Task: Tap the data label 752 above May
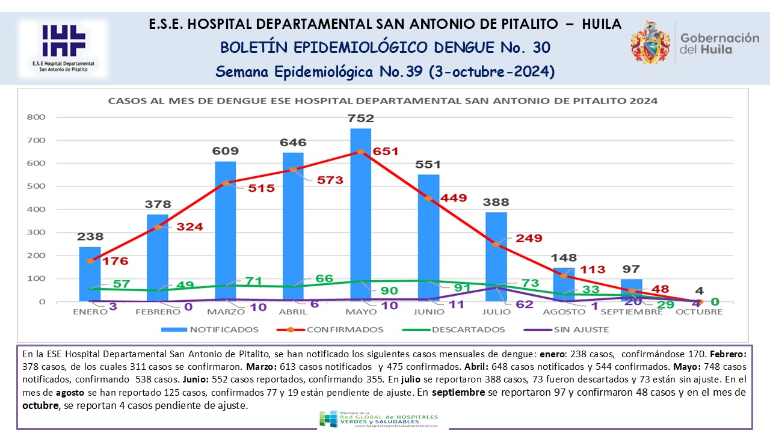[x=361, y=118]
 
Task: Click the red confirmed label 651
[x=385, y=152]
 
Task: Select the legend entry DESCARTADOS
[x=466, y=330]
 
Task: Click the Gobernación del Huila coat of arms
[x=650, y=42]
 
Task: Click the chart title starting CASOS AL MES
[x=383, y=101]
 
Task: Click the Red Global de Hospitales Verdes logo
[x=378, y=419]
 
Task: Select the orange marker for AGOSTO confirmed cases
[x=564, y=276]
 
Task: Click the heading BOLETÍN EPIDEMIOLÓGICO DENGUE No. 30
[x=385, y=47]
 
